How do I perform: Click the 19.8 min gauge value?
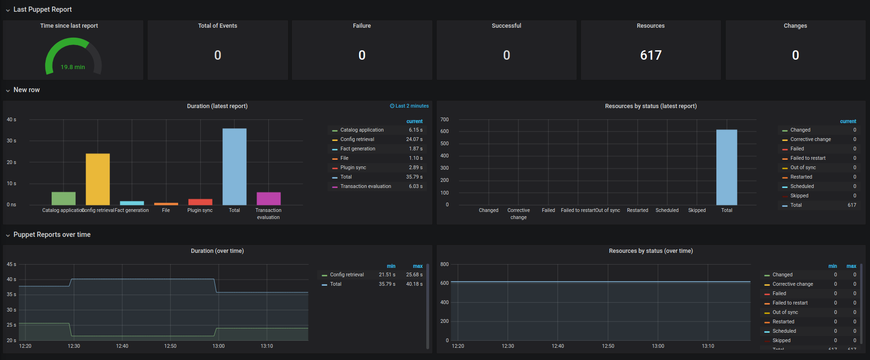[73, 67]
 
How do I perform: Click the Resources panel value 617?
[651, 55]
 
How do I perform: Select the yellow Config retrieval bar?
[98, 179]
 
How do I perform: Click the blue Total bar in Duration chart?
[235, 167]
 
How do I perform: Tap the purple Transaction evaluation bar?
[268, 198]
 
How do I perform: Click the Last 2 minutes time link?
[409, 106]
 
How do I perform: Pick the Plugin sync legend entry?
[353, 168]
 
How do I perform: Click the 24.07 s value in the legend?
[414, 140]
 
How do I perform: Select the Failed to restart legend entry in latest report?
[807, 158]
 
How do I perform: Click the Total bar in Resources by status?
[726, 167]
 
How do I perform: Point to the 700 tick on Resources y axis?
[444, 120]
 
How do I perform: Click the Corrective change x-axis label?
[518, 214]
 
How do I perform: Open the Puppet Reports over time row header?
[52, 235]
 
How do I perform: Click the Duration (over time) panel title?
[217, 251]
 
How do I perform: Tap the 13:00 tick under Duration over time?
[219, 346]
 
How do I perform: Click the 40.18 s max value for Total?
[414, 284]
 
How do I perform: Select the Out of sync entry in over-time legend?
[785, 313]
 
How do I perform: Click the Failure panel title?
[361, 26]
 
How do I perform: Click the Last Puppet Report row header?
[42, 9]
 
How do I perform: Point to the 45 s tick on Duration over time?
[11, 265]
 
